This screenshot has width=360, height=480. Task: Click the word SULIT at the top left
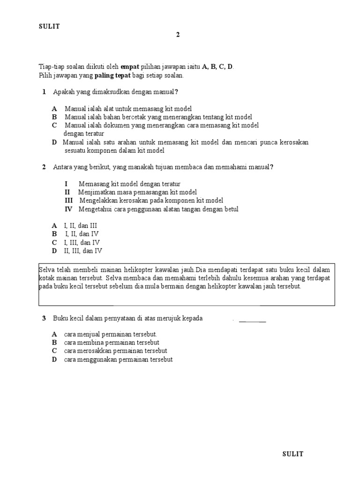click(x=49, y=26)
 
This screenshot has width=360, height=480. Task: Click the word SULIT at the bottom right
click(x=293, y=454)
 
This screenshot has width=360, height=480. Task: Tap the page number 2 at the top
click(x=178, y=35)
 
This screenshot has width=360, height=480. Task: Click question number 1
click(x=44, y=92)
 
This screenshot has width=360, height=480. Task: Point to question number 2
click(x=44, y=167)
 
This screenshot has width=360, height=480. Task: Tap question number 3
click(x=44, y=318)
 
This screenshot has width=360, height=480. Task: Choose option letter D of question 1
click(x=54, y=142)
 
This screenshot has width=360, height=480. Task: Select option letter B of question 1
click(x=54, y=117)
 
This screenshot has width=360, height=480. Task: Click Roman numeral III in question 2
click(x=69, y=201)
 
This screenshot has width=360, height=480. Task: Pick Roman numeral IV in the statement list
click(x=69, y=209)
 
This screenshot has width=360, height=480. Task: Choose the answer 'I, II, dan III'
click(x=81, y=225)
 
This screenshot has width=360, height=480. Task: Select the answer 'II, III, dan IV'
click(x=83, y=251)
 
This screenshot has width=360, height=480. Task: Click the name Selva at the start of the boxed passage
click(x=46, y=270)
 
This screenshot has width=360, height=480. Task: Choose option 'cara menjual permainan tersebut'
click(x=111, y=334)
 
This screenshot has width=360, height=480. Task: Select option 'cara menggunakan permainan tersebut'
click(x=119, y=359)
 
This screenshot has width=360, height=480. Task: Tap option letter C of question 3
click(x=54, y=351)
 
